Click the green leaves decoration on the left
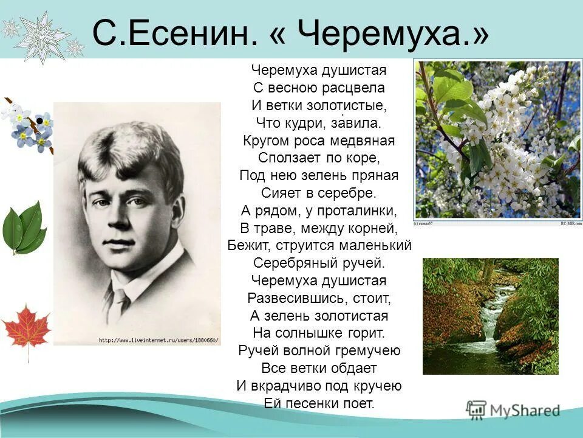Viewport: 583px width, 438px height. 24,228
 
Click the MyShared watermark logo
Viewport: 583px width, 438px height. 513,410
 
